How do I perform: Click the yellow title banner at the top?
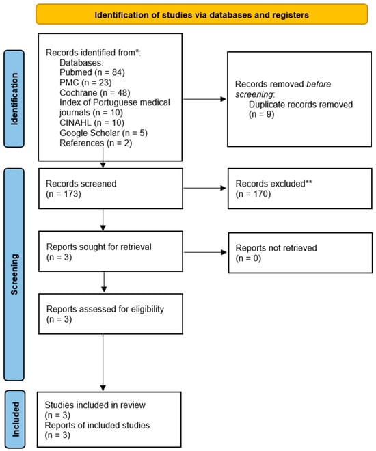tap(202, 14)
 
